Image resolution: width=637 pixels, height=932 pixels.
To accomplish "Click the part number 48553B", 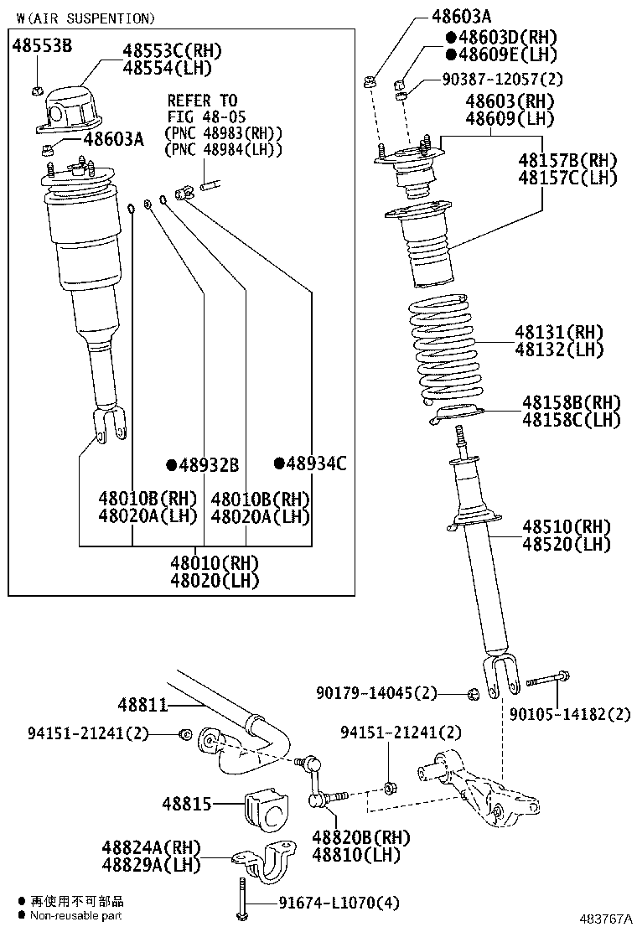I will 41,47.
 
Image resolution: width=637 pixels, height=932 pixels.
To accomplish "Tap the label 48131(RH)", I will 561,332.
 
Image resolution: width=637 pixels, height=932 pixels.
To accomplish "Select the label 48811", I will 142,706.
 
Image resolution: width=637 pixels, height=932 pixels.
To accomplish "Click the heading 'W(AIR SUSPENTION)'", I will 85,18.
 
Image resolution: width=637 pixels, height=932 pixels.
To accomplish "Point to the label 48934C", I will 315,463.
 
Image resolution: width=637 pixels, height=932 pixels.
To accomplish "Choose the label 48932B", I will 208,464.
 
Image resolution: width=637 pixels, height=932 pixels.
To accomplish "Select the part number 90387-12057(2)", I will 502,80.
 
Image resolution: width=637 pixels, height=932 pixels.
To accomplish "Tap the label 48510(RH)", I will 566,526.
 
